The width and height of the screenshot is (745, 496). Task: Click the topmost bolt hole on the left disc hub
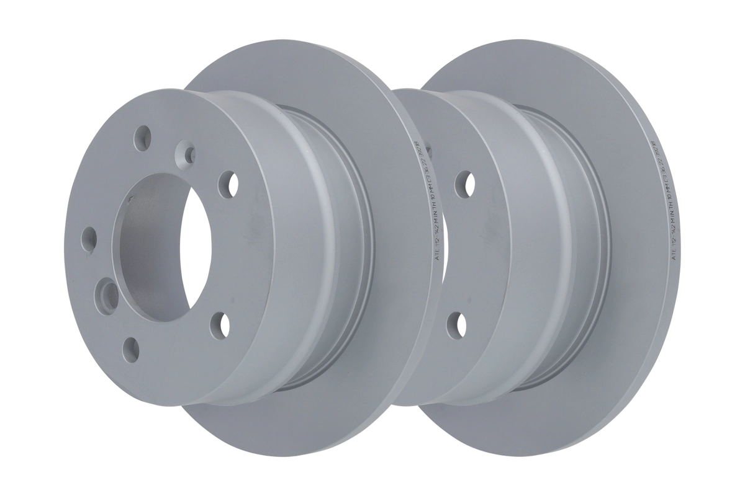point(143,136)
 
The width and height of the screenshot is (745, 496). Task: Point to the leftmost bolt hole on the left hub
point(89,239)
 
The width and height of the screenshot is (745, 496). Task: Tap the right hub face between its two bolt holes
point(463,254)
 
